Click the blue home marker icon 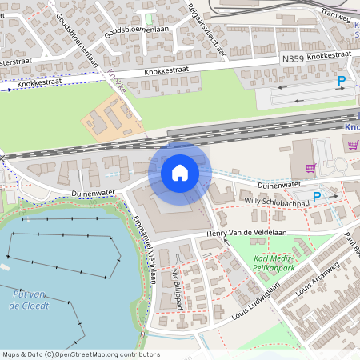point(179,172)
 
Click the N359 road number point(294,58)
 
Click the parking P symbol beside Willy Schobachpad point(316,196)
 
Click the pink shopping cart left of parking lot point(310,168)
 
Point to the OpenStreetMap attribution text point(80,354)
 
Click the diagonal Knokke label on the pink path point(117,83)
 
